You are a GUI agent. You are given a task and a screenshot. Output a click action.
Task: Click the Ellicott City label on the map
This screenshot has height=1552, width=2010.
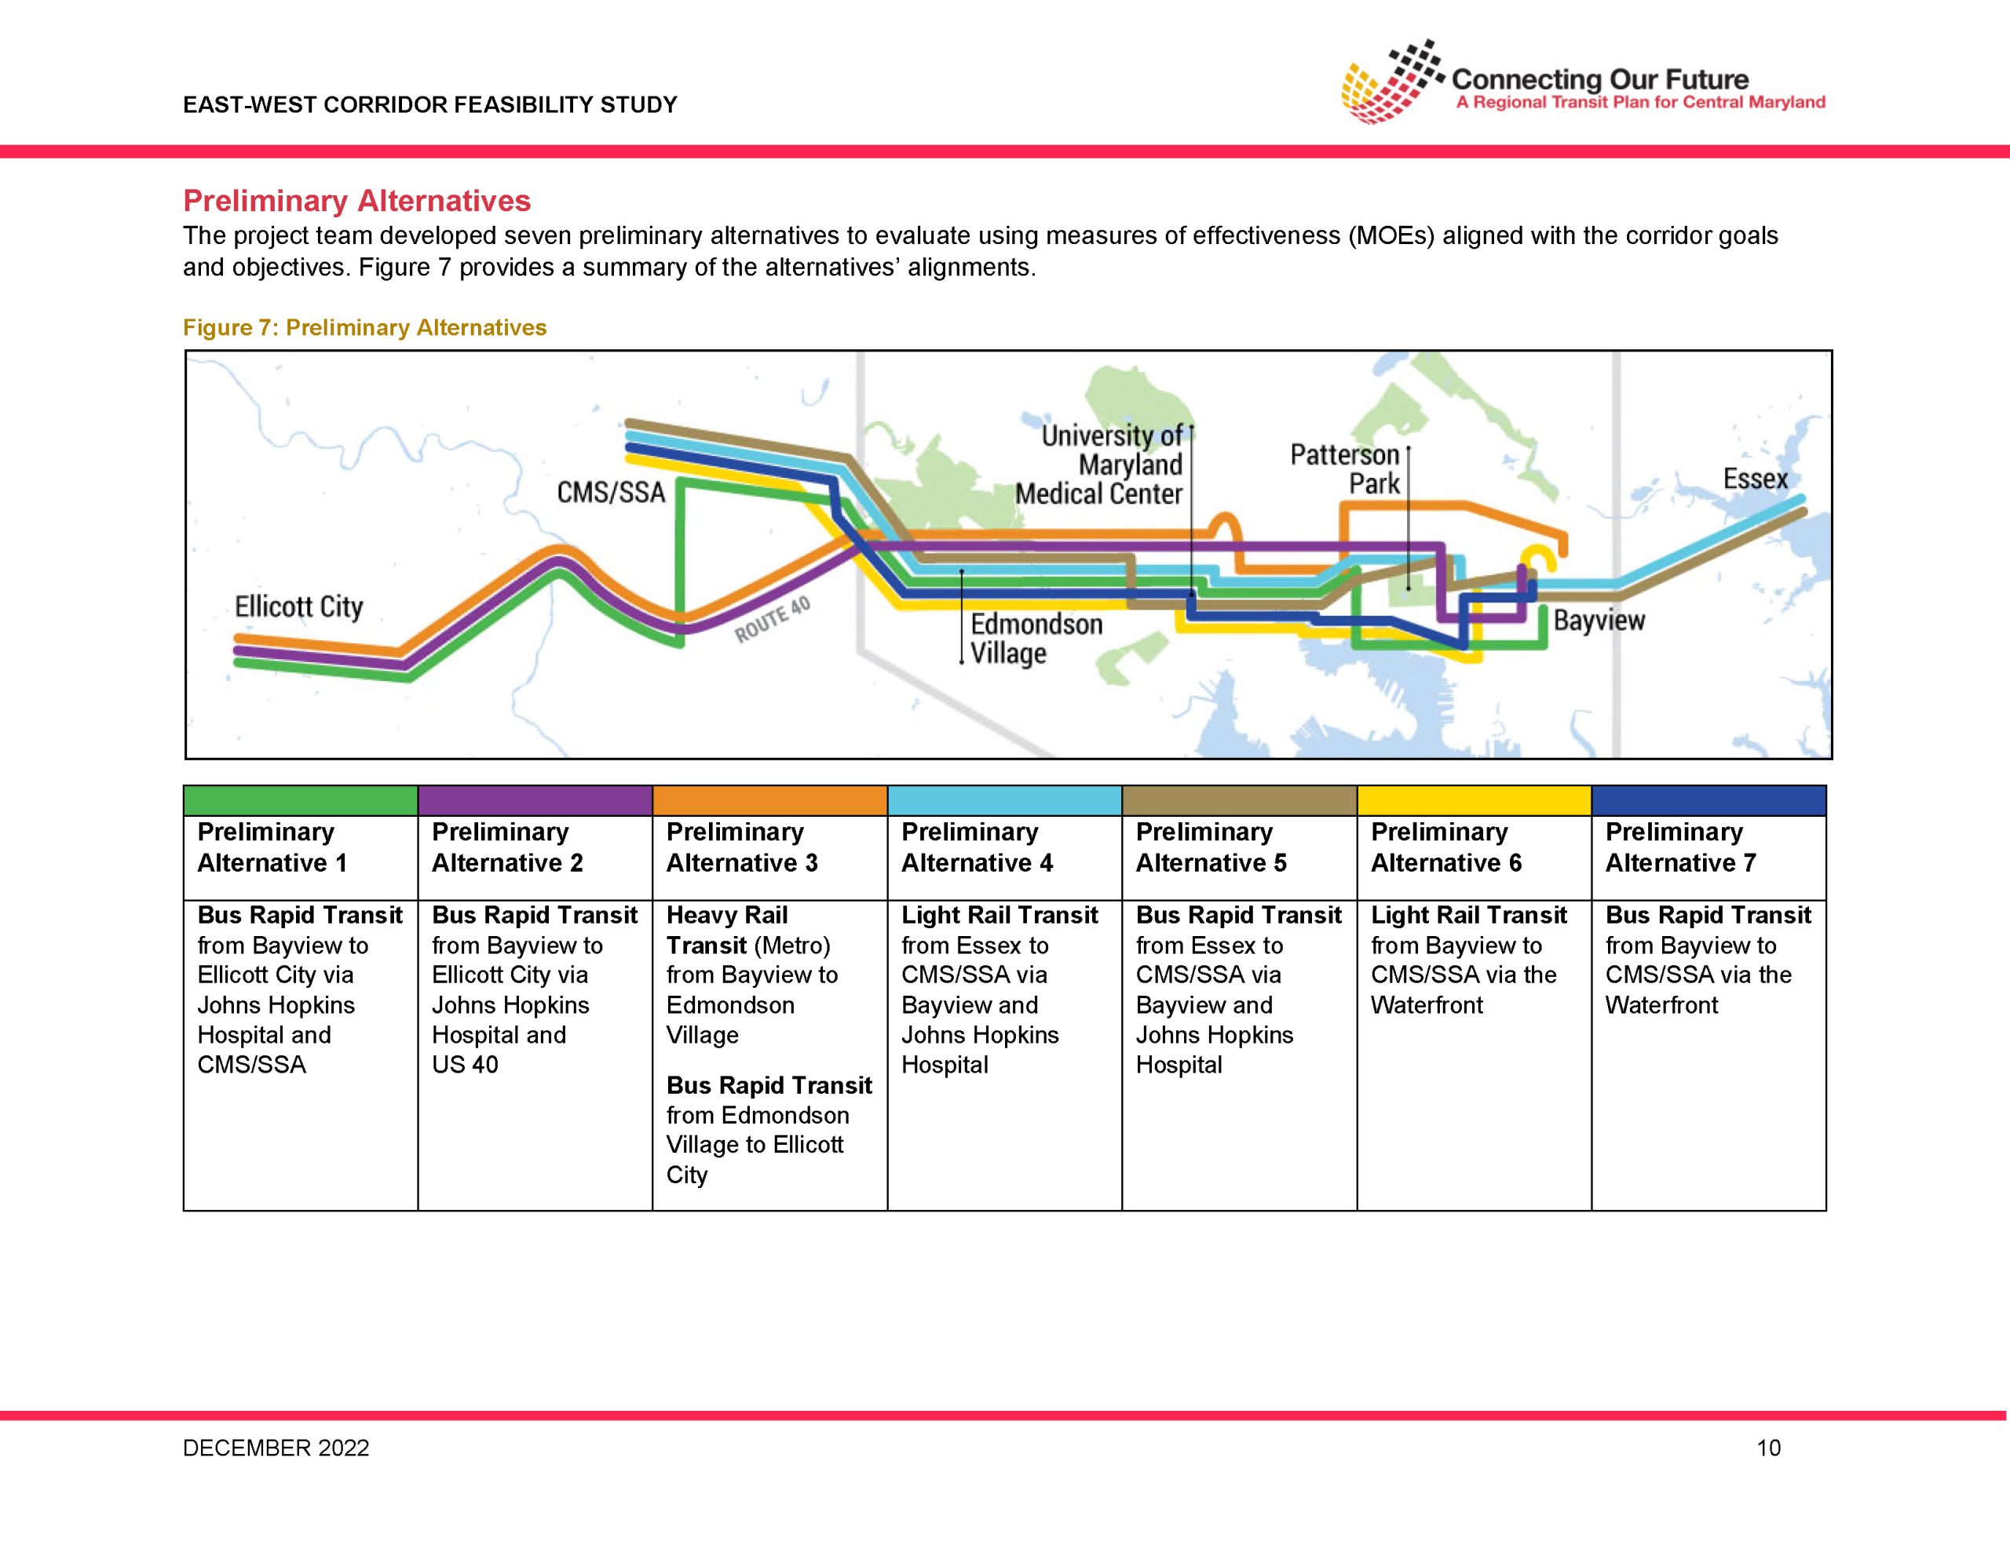[299, 607]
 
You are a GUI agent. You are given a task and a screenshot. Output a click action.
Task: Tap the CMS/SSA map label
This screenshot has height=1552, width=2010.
[611, 492]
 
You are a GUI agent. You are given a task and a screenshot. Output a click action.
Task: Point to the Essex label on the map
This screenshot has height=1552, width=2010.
[1755, 479]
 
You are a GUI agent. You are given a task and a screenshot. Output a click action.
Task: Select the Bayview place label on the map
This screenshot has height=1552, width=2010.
[1599, 620]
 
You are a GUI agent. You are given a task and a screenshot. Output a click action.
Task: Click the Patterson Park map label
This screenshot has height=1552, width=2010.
[1346, 468]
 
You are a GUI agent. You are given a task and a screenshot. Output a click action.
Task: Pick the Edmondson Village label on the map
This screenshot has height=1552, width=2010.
[1036, 639]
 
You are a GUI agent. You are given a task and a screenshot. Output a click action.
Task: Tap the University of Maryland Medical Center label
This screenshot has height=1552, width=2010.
[1099, 465]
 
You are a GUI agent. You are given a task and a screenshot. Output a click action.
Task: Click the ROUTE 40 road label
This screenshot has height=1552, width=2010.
[772, 619]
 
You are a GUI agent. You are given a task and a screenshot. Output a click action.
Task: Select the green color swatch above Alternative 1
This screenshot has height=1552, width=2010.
[301, 800]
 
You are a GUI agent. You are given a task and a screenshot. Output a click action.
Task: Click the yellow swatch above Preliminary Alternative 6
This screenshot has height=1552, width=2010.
[1475, 800]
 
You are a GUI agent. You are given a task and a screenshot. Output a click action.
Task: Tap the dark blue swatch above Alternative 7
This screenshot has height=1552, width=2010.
[1709, 800]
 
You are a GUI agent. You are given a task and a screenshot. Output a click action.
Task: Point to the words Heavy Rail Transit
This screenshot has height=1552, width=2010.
[727, 930]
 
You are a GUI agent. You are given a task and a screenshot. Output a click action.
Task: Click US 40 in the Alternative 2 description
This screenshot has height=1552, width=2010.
[465, 1065]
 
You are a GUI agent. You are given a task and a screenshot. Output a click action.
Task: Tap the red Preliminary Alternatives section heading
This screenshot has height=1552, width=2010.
[357, 201]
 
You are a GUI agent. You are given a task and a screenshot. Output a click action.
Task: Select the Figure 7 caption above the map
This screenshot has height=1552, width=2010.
[364, 327]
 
